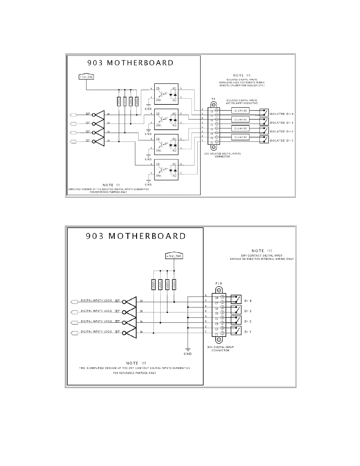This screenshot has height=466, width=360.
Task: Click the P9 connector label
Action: tap(214, 99)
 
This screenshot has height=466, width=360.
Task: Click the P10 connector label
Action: tap(219, 283)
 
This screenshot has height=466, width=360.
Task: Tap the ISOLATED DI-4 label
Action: tap(281, 114)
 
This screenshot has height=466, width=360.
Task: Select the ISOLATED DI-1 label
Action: tap(281, 141)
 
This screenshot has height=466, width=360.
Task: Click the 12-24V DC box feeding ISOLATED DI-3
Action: tap(240, 119)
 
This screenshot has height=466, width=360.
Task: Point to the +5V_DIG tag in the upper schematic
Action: tap(86, 77)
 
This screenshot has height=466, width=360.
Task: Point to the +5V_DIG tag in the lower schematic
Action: tap(174, 256)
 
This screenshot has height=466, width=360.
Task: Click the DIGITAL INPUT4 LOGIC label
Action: tap(96, 301)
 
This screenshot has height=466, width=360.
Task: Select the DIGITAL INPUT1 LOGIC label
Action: tap(96, 332)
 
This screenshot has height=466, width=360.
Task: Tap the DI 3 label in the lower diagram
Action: tap(248, 311)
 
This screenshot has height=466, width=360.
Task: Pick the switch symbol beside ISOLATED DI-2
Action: tap(264, 130)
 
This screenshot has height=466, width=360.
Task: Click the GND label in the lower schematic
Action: tap(188, 354)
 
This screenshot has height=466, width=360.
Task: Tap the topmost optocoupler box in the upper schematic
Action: tap(166, 94)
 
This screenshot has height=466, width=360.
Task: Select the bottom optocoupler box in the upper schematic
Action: tap(166, 170)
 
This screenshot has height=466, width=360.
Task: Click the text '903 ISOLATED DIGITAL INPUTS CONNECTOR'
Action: tap(222, 155)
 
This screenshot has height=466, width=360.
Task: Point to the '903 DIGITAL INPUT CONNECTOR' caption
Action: tap(220, 349)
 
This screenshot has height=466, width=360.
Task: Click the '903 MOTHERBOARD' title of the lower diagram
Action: tap(136, 236)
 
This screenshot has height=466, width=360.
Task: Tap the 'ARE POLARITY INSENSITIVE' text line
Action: tap(242, 103)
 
